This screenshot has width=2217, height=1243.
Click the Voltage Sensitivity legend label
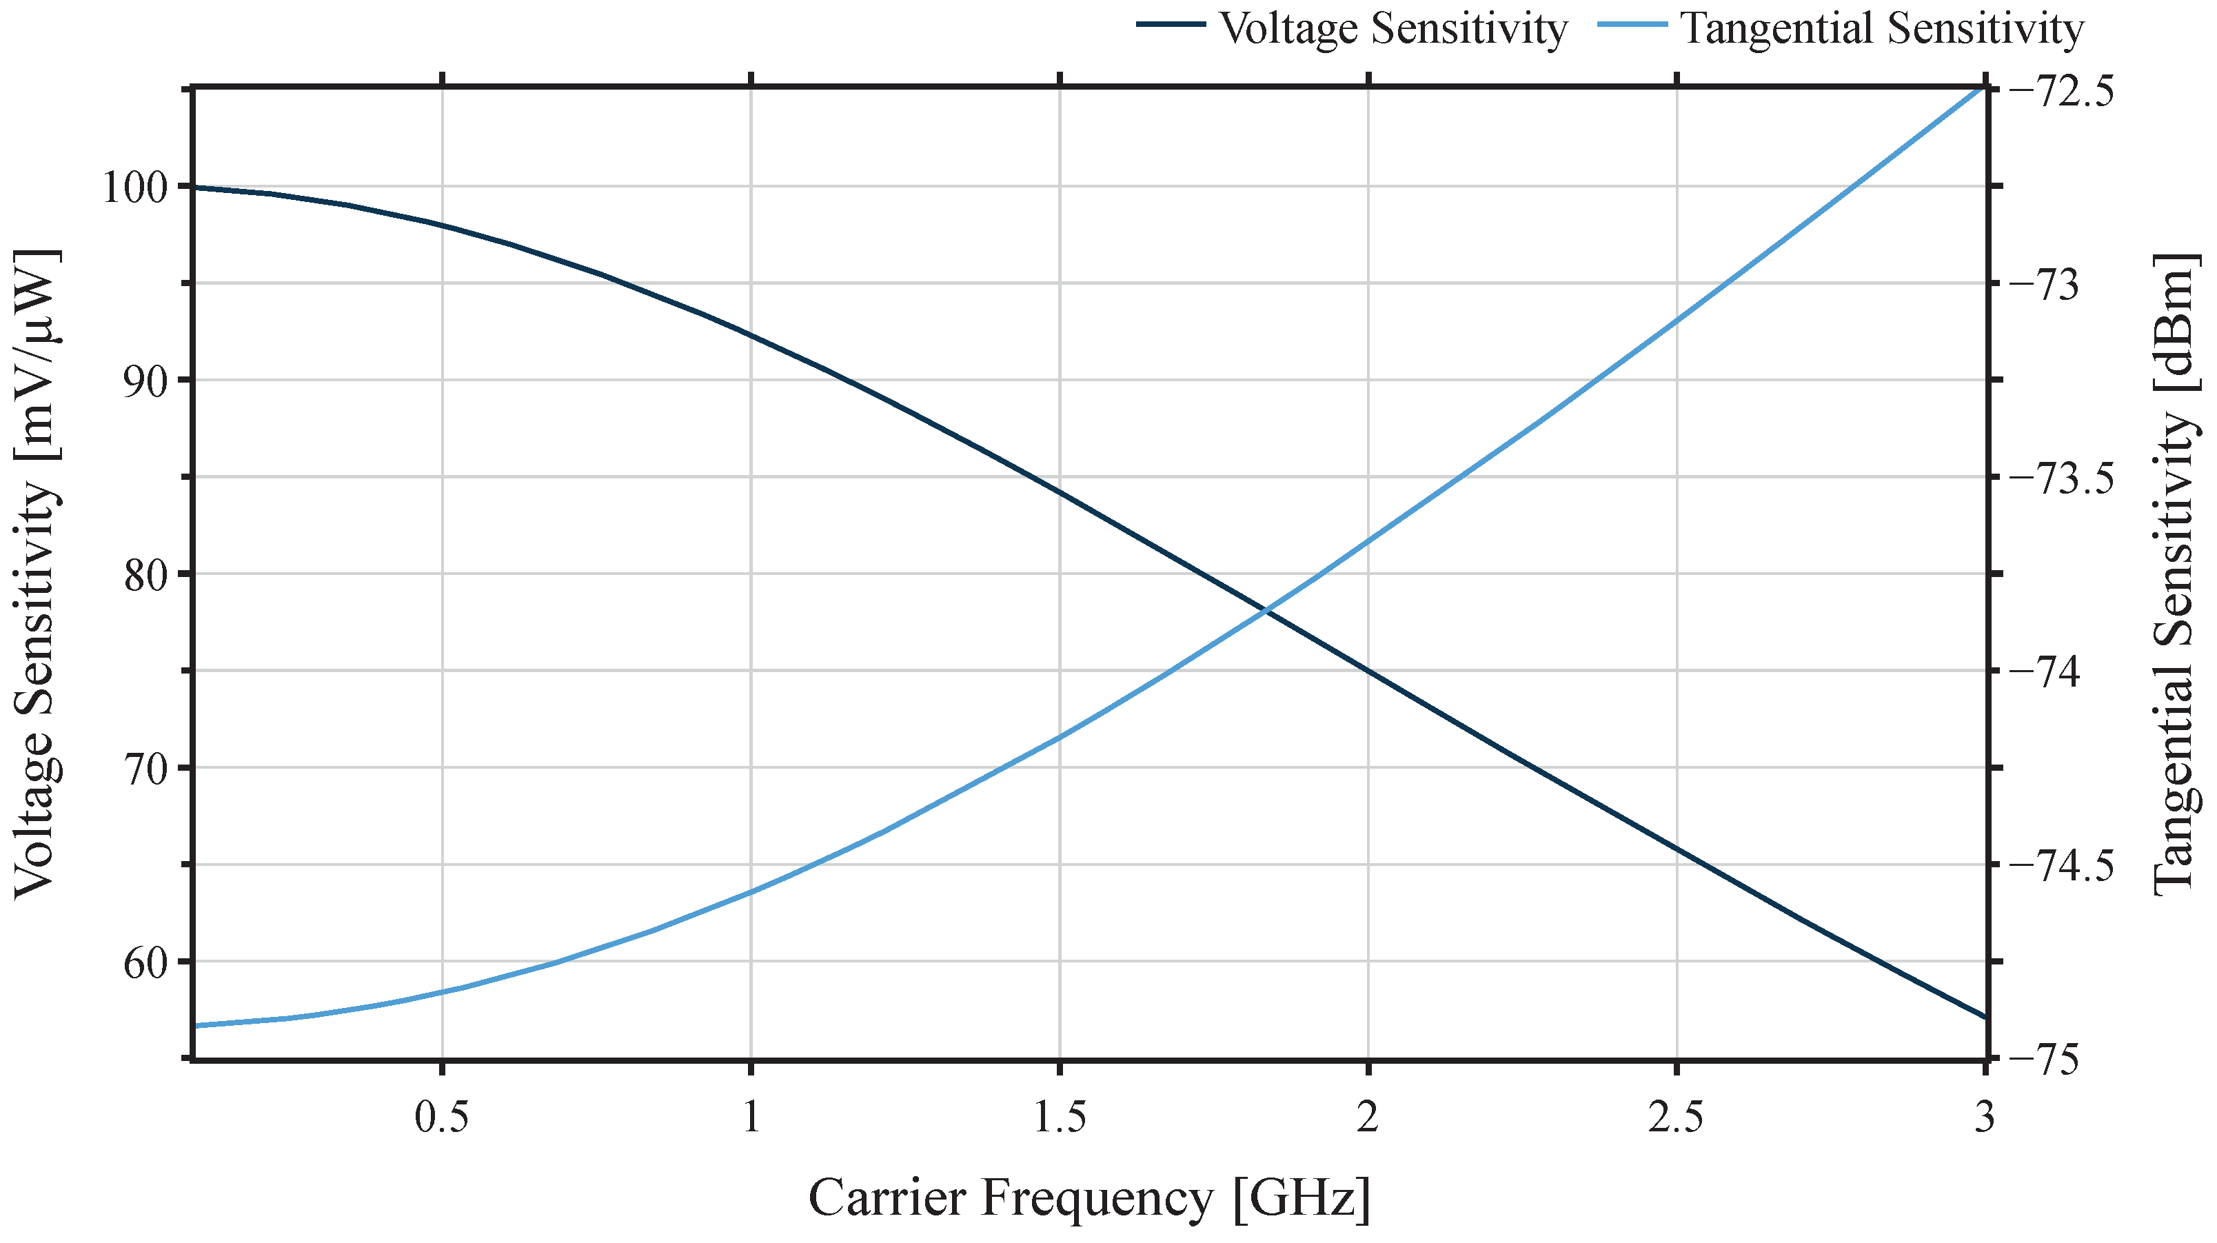pos(1393,29)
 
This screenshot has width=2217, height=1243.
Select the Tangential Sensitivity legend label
pos(1881,29)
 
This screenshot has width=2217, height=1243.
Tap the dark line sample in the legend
pos(1170,25)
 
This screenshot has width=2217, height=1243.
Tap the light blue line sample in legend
pos(1632,25)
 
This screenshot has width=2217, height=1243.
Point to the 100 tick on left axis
pos(140,188)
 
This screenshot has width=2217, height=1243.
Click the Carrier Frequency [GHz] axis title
pos(1089,1197)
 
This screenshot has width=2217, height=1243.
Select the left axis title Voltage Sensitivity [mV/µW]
pos(36,574)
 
